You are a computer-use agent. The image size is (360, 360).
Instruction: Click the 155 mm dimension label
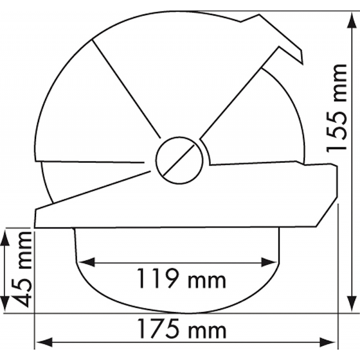[x=337, y=108]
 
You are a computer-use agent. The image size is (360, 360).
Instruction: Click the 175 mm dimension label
[x=181, y=329]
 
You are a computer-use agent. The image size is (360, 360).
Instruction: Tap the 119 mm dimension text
[x=181, y=278]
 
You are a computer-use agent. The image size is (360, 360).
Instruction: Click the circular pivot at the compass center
[x=179, y=160]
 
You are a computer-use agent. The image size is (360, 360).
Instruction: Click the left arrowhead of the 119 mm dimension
[x=87, y=262]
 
